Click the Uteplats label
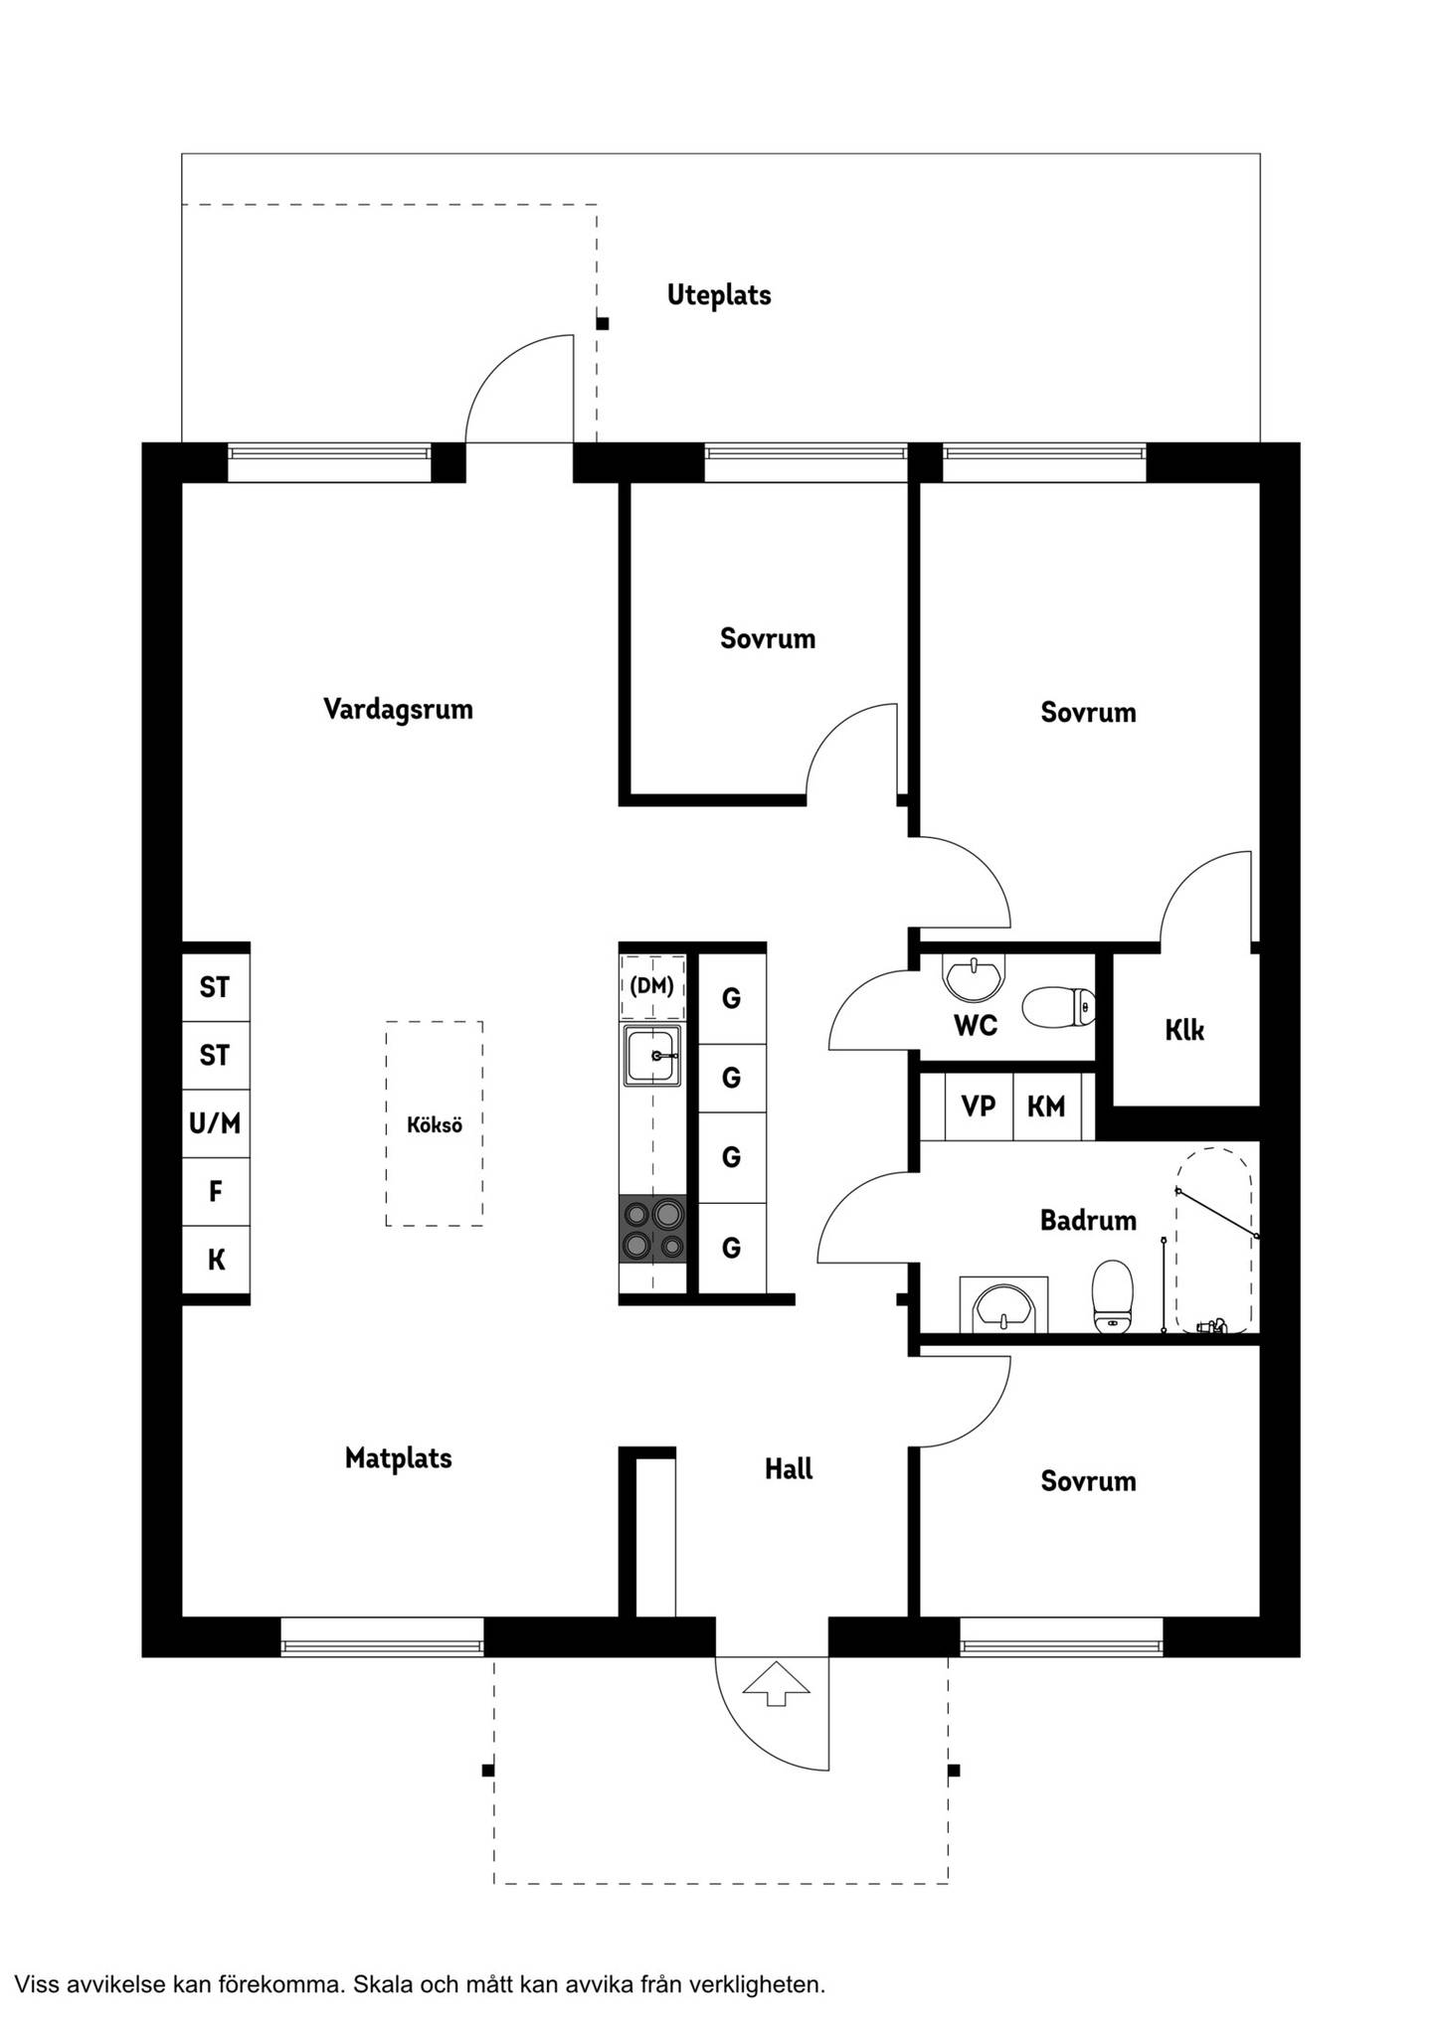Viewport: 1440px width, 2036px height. coord(719,295)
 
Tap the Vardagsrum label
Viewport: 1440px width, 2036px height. coord(398,710)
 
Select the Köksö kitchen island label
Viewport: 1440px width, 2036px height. coord(435,1125)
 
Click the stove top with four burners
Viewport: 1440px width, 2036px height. coord(653,1229)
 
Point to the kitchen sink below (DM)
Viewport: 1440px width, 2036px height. coord(653,1056)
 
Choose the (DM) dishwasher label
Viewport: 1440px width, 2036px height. coord(652,986)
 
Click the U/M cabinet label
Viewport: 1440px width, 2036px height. coord(215,1124)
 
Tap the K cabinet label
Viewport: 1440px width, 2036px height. coord(216,1261)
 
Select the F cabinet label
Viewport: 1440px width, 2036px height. coord(216,1191)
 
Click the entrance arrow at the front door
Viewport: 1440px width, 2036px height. coord(777,1683)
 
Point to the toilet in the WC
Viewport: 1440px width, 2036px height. coord(1058,1007)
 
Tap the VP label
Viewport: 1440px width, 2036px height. coord(979,1105)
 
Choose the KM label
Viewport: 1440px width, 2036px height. coord(1046,1105)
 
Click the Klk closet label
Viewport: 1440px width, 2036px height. coord(1184,1030)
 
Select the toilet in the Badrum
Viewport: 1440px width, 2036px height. coord(1113,1296)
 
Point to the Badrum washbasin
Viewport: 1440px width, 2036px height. coord(1004,1305)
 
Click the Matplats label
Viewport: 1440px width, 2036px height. coord(398,1459)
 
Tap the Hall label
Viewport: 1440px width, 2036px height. coord(789,1469)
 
